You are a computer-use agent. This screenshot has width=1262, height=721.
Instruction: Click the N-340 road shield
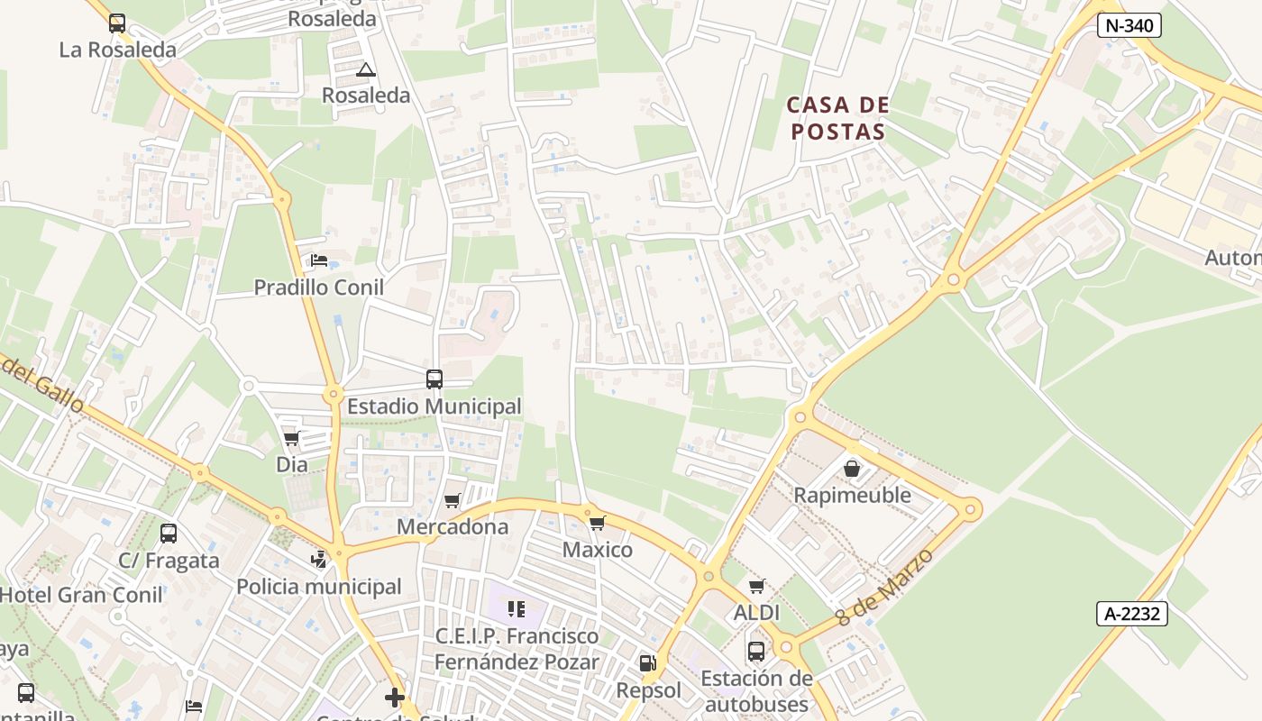[x=1129, y=25]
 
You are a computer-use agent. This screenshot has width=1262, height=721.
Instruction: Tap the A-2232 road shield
[x=1132, y=614]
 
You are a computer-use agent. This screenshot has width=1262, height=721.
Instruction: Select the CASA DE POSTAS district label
[x=837, y=118]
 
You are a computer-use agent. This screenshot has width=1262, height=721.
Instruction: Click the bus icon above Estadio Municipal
[x=434, y=379]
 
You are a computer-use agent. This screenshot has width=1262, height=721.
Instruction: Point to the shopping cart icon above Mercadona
[x=453, y=500]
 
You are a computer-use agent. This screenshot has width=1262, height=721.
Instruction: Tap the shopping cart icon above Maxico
[x=597, y=524]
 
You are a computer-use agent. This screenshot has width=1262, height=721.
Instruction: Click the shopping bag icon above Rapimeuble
[x=852, y=469]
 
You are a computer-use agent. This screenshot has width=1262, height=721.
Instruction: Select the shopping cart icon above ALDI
[x=756, y=587]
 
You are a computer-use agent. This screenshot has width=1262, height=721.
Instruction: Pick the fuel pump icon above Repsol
[x=646, y=664]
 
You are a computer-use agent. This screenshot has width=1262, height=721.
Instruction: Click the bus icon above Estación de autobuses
[x=756, y=651]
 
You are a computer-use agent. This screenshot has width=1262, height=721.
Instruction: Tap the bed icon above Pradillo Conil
[x=319, y=261]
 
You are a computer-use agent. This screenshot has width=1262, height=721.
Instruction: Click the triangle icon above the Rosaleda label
[x=365, y=69]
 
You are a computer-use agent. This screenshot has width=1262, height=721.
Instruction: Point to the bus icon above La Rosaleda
[x=117, y=23]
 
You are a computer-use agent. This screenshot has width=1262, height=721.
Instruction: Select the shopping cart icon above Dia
[x=291, y=439]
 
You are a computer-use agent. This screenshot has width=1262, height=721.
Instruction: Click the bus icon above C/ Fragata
[x=169, y=534]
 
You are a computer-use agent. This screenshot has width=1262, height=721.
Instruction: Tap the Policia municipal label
[x=319, y=587]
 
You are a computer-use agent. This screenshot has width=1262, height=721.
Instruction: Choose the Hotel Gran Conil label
[x=81, y=595]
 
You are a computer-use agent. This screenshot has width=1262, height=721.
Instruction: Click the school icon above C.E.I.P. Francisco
[x=517, y=609]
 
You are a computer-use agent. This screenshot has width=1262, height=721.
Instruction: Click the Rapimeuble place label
[x=852, y=495]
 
